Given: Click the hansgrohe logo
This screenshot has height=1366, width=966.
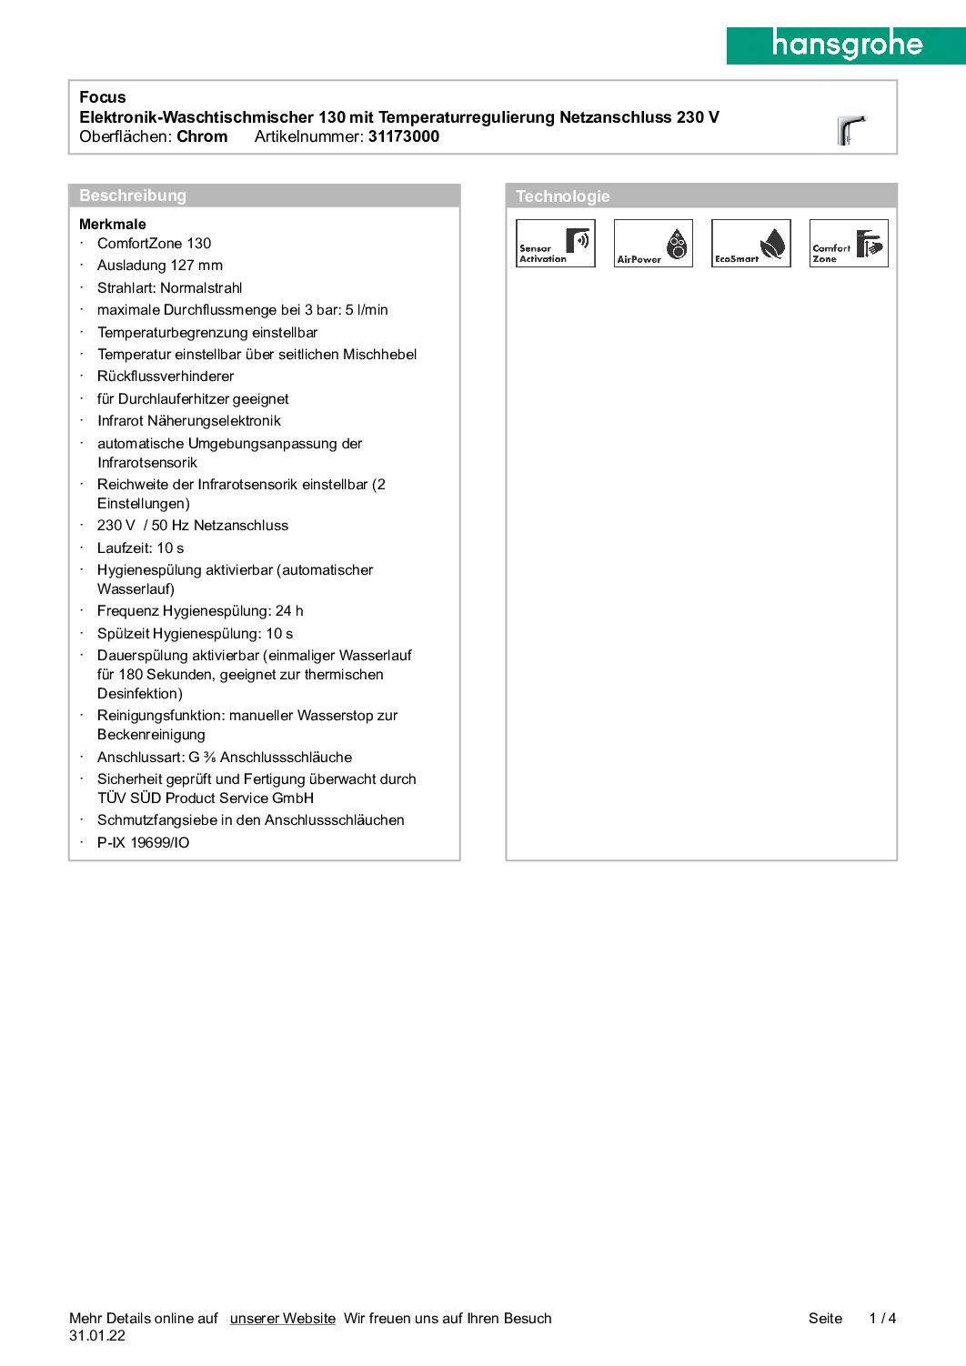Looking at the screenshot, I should coord(846,45).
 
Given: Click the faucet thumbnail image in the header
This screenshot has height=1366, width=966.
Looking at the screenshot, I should coord(850,130).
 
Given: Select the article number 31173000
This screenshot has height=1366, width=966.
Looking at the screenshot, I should coord(404,136).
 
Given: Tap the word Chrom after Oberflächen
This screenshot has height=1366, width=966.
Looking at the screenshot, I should coord(202,136).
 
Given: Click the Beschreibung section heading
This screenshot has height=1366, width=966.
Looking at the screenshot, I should coord(133,196).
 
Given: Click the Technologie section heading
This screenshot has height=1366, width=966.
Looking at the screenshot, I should coord(563,196).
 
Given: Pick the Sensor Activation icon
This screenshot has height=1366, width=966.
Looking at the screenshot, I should coord(555,243).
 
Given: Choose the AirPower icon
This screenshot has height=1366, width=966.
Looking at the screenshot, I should coord(653,243).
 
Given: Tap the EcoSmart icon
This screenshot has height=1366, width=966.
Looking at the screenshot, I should coord(750,243).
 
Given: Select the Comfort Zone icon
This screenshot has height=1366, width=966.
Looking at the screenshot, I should coord(849,243).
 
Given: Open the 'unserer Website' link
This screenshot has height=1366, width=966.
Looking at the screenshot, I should coord(283,1318).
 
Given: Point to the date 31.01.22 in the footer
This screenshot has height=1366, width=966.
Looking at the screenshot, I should coord(97,1336).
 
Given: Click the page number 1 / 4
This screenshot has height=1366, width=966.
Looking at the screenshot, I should coord(882,1318).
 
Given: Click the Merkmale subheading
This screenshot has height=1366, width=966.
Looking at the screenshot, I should coord(113,224).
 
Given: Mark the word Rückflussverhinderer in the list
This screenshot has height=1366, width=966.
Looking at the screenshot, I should coord(166,377).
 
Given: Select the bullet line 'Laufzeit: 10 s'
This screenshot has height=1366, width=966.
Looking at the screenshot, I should coord(141,547).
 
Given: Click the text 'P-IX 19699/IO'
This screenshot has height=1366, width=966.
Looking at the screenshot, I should coord(144,842).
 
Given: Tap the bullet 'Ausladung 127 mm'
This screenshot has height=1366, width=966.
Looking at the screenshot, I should coord(160,266).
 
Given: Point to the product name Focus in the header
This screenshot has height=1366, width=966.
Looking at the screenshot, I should coord(103,97).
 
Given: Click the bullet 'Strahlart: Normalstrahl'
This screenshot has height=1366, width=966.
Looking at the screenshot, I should coord(170,287).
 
